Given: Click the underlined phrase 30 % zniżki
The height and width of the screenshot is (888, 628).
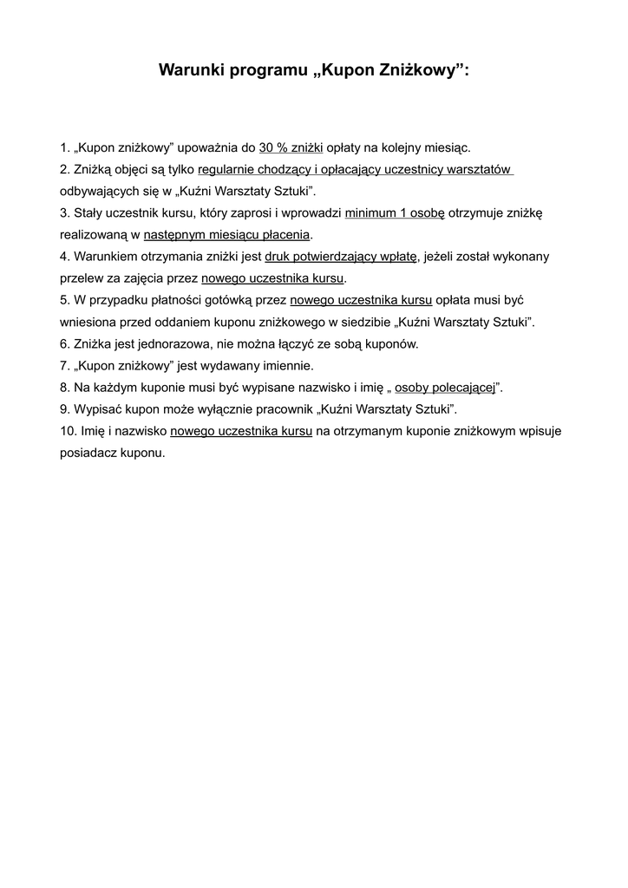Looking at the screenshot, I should coord(291,147).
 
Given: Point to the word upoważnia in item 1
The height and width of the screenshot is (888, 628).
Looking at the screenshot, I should coord(210,147).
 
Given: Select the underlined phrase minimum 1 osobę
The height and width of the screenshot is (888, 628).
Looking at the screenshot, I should coord(394,212).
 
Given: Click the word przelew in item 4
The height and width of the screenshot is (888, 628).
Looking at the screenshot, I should coord(81,278).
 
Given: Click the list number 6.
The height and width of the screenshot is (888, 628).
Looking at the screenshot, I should coord(64,344).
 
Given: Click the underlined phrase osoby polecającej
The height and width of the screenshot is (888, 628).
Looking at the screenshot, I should coord(444,388).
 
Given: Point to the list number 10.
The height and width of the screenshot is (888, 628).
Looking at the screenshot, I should coord(68,431).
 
